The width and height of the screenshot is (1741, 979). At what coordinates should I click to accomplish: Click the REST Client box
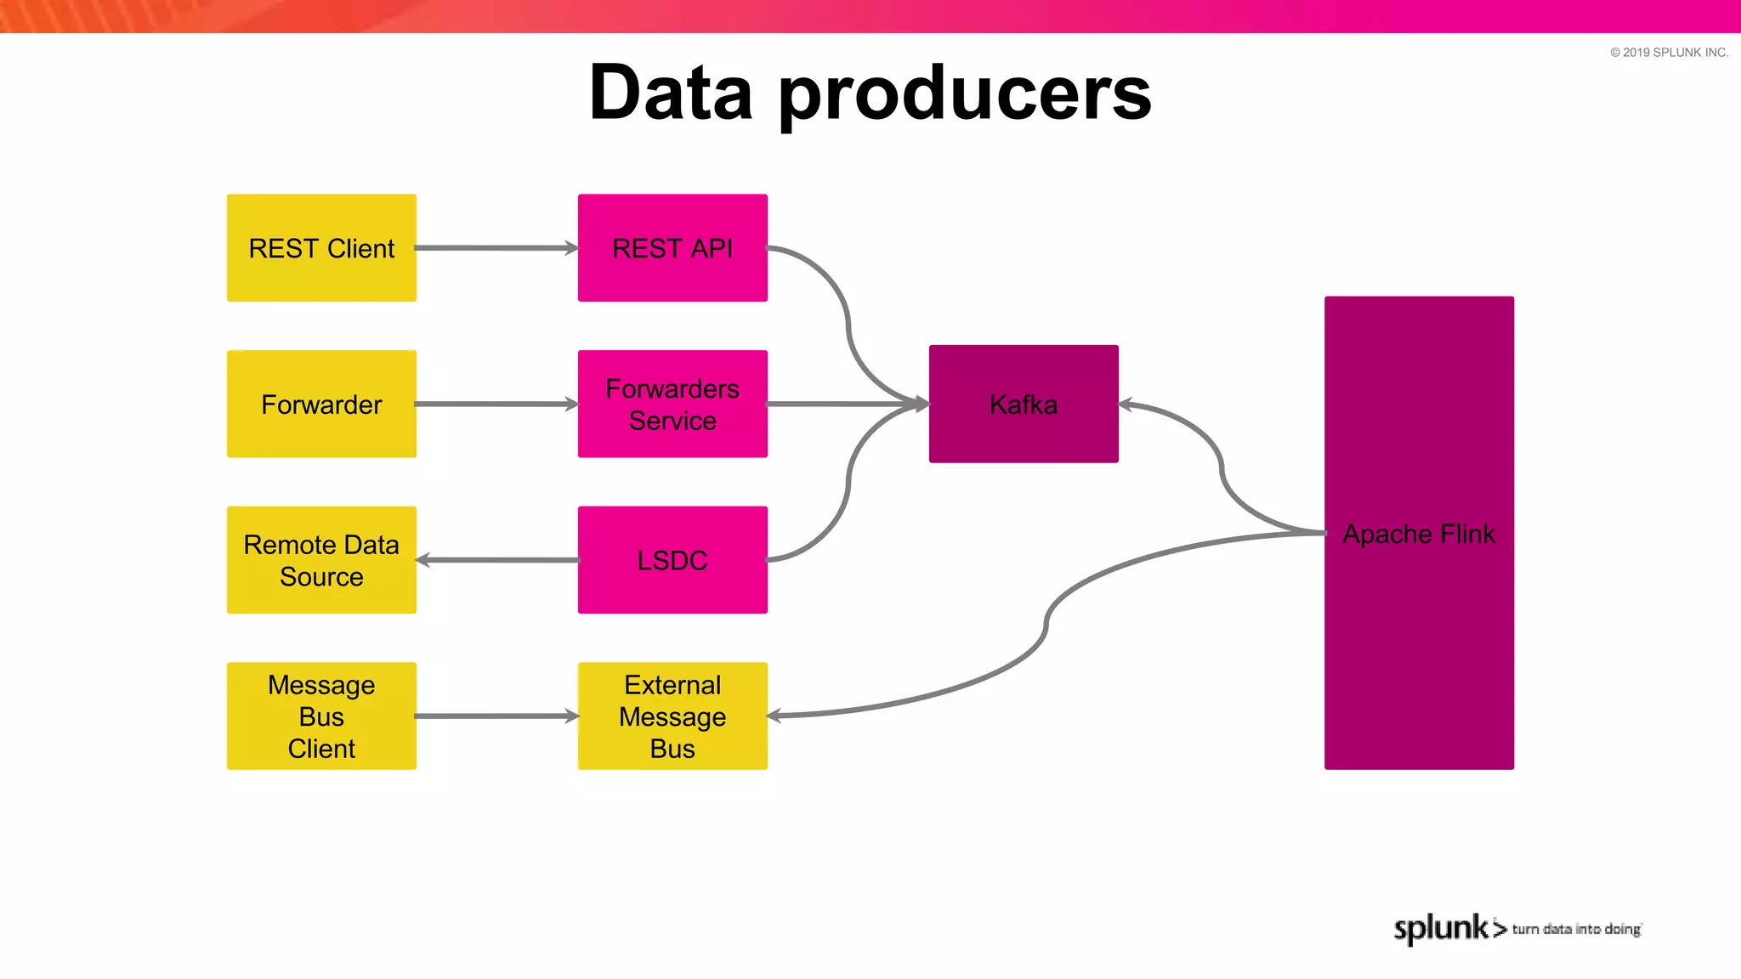(321, 248)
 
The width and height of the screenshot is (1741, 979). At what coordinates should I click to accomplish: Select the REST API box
(672, 248)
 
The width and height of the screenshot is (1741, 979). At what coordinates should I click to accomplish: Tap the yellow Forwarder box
(321, 405)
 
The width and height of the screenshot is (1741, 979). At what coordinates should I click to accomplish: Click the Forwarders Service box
(672, 405)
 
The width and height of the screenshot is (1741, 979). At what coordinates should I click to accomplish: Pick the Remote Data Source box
(321, 560)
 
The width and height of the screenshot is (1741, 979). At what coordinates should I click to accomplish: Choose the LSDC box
(672, 560)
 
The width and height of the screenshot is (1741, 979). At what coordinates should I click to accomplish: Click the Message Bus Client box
(321, 716)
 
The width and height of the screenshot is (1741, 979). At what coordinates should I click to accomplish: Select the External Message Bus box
(672, 716)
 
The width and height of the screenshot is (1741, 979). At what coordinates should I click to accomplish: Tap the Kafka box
(1024, 405)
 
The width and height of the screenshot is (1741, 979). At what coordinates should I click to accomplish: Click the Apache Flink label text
(1418, 534)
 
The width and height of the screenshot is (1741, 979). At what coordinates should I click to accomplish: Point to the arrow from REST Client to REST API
(497, 248)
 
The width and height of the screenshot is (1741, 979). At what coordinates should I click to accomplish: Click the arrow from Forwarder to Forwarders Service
(497, 405)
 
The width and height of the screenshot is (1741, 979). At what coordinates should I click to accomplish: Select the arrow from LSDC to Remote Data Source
(497, 560)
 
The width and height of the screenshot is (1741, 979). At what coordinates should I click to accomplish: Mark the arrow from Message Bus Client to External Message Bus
(497, 716)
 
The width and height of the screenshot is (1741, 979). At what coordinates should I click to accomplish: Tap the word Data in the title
(671, 93)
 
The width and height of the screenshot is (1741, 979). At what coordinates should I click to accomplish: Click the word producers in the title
(965, 95)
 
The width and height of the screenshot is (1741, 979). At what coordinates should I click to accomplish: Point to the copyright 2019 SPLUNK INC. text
(1669, 53)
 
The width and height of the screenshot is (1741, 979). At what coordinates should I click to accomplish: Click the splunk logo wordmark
(1442, 928)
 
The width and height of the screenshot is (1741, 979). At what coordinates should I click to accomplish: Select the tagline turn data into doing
(1576, 930)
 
